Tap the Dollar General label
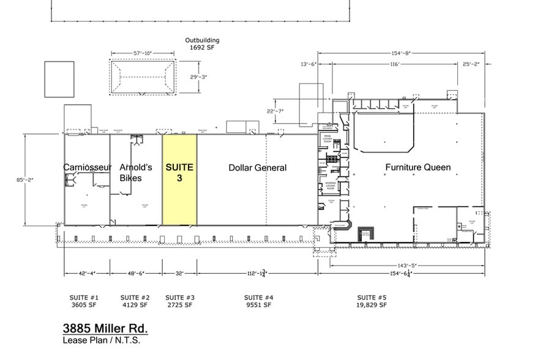257,168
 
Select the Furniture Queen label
418,167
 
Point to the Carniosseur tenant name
87,167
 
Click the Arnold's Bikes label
130,172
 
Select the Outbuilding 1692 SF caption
202,43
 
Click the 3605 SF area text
84,304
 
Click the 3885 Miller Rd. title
105,328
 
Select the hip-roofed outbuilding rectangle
141,77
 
